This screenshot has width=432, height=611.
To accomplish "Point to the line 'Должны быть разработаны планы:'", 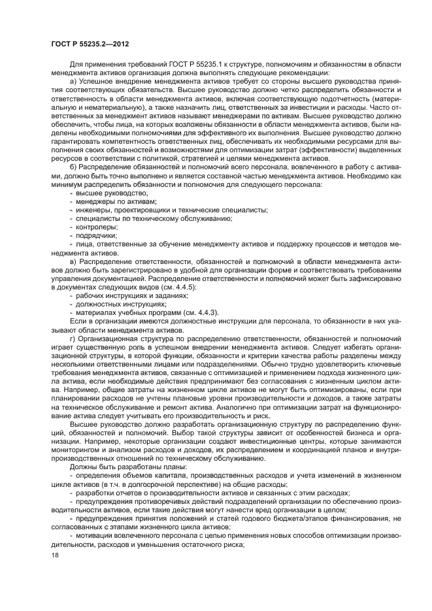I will point(118,467).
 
